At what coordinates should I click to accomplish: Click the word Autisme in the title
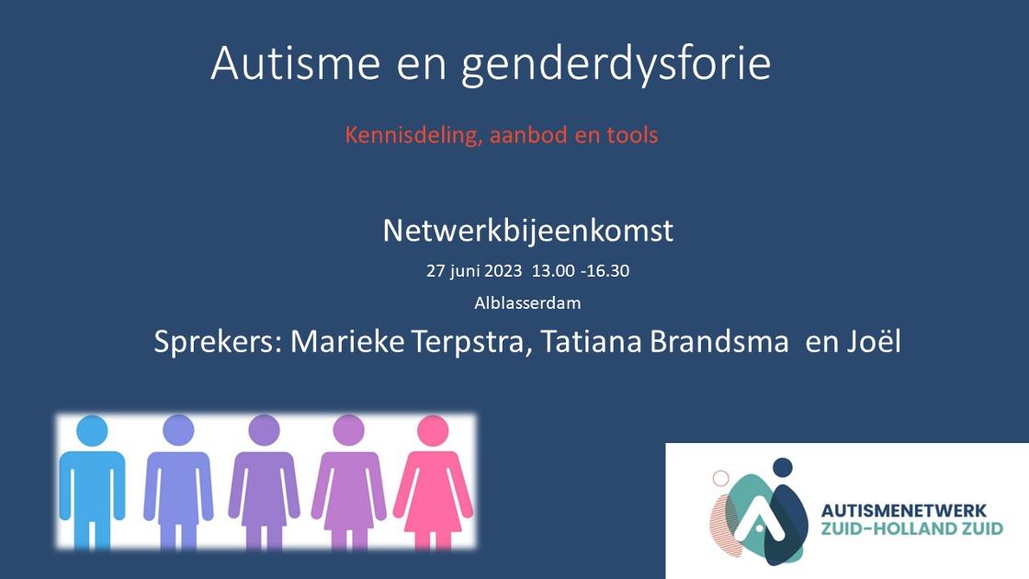(x=295, y=63)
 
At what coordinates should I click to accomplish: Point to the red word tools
(x=632, y=134)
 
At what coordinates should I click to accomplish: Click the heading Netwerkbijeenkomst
(x=528, y=231)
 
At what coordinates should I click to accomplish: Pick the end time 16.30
(x=607, y=270)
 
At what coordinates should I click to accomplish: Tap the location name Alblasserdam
(x=527, y=302)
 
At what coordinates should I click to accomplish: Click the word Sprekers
(x=218, y=343)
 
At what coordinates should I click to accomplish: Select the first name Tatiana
(x=591, y=341)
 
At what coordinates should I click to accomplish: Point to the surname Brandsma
(x=719, y=341)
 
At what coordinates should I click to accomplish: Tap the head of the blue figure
(x=92, y=431)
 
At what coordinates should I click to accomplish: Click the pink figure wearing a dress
(x=433, y=482)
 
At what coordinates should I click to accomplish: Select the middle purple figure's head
(x=265, y=431)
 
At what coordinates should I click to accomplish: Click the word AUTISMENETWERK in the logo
(x=904, y=511)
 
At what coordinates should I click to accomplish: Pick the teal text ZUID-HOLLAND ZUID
(x=912, y=528)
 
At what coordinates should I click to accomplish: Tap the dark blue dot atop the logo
(x=782, y=468)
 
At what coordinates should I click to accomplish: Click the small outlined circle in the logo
(x=720, y=478)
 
